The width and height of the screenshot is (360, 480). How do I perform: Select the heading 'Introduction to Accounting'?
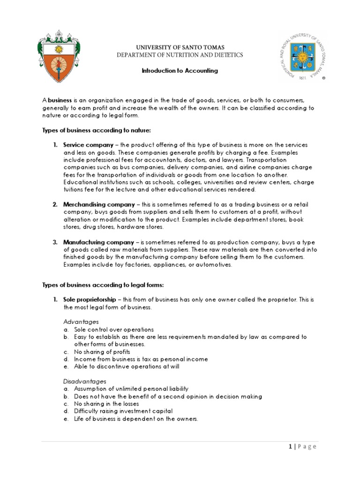[x=180, y=71]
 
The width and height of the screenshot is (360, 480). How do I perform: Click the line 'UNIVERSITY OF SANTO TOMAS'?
[x=180, y=47]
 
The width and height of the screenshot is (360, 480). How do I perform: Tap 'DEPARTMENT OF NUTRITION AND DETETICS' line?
[x=180, y=55]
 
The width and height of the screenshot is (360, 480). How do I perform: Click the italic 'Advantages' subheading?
[x=81, y=322]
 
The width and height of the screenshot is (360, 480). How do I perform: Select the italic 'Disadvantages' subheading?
[x=85, y=382]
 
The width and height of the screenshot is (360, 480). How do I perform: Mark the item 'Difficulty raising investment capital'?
[x=123, y=411]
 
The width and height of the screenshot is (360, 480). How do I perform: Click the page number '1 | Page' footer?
[x=302, y=447]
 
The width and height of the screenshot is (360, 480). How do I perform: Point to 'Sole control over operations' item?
[x=113, y=330]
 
